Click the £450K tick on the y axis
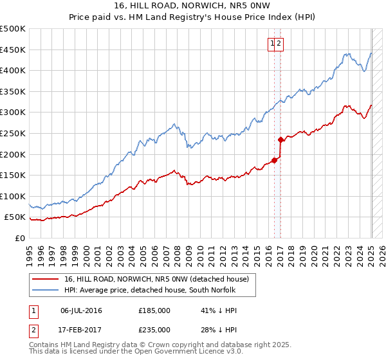(14, 50)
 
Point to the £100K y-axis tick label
(14, 196)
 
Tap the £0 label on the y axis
(20, 238)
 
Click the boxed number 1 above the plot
(273, 44)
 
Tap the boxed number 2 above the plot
(280, 44)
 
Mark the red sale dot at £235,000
(280, 139)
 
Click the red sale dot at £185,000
(274, 160)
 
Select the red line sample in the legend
(46, 279)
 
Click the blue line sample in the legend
(46, 290)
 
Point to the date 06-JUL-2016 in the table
(81, 310)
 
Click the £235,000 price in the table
(154, 330)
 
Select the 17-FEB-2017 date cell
(81, 330)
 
